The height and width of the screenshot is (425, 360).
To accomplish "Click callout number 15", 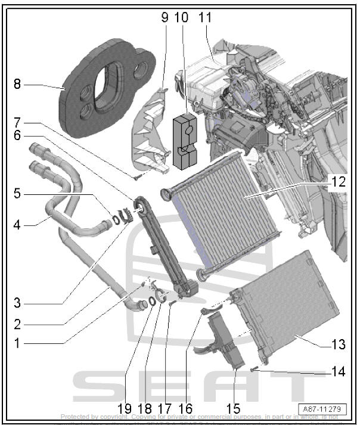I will [x=232, y=409].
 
